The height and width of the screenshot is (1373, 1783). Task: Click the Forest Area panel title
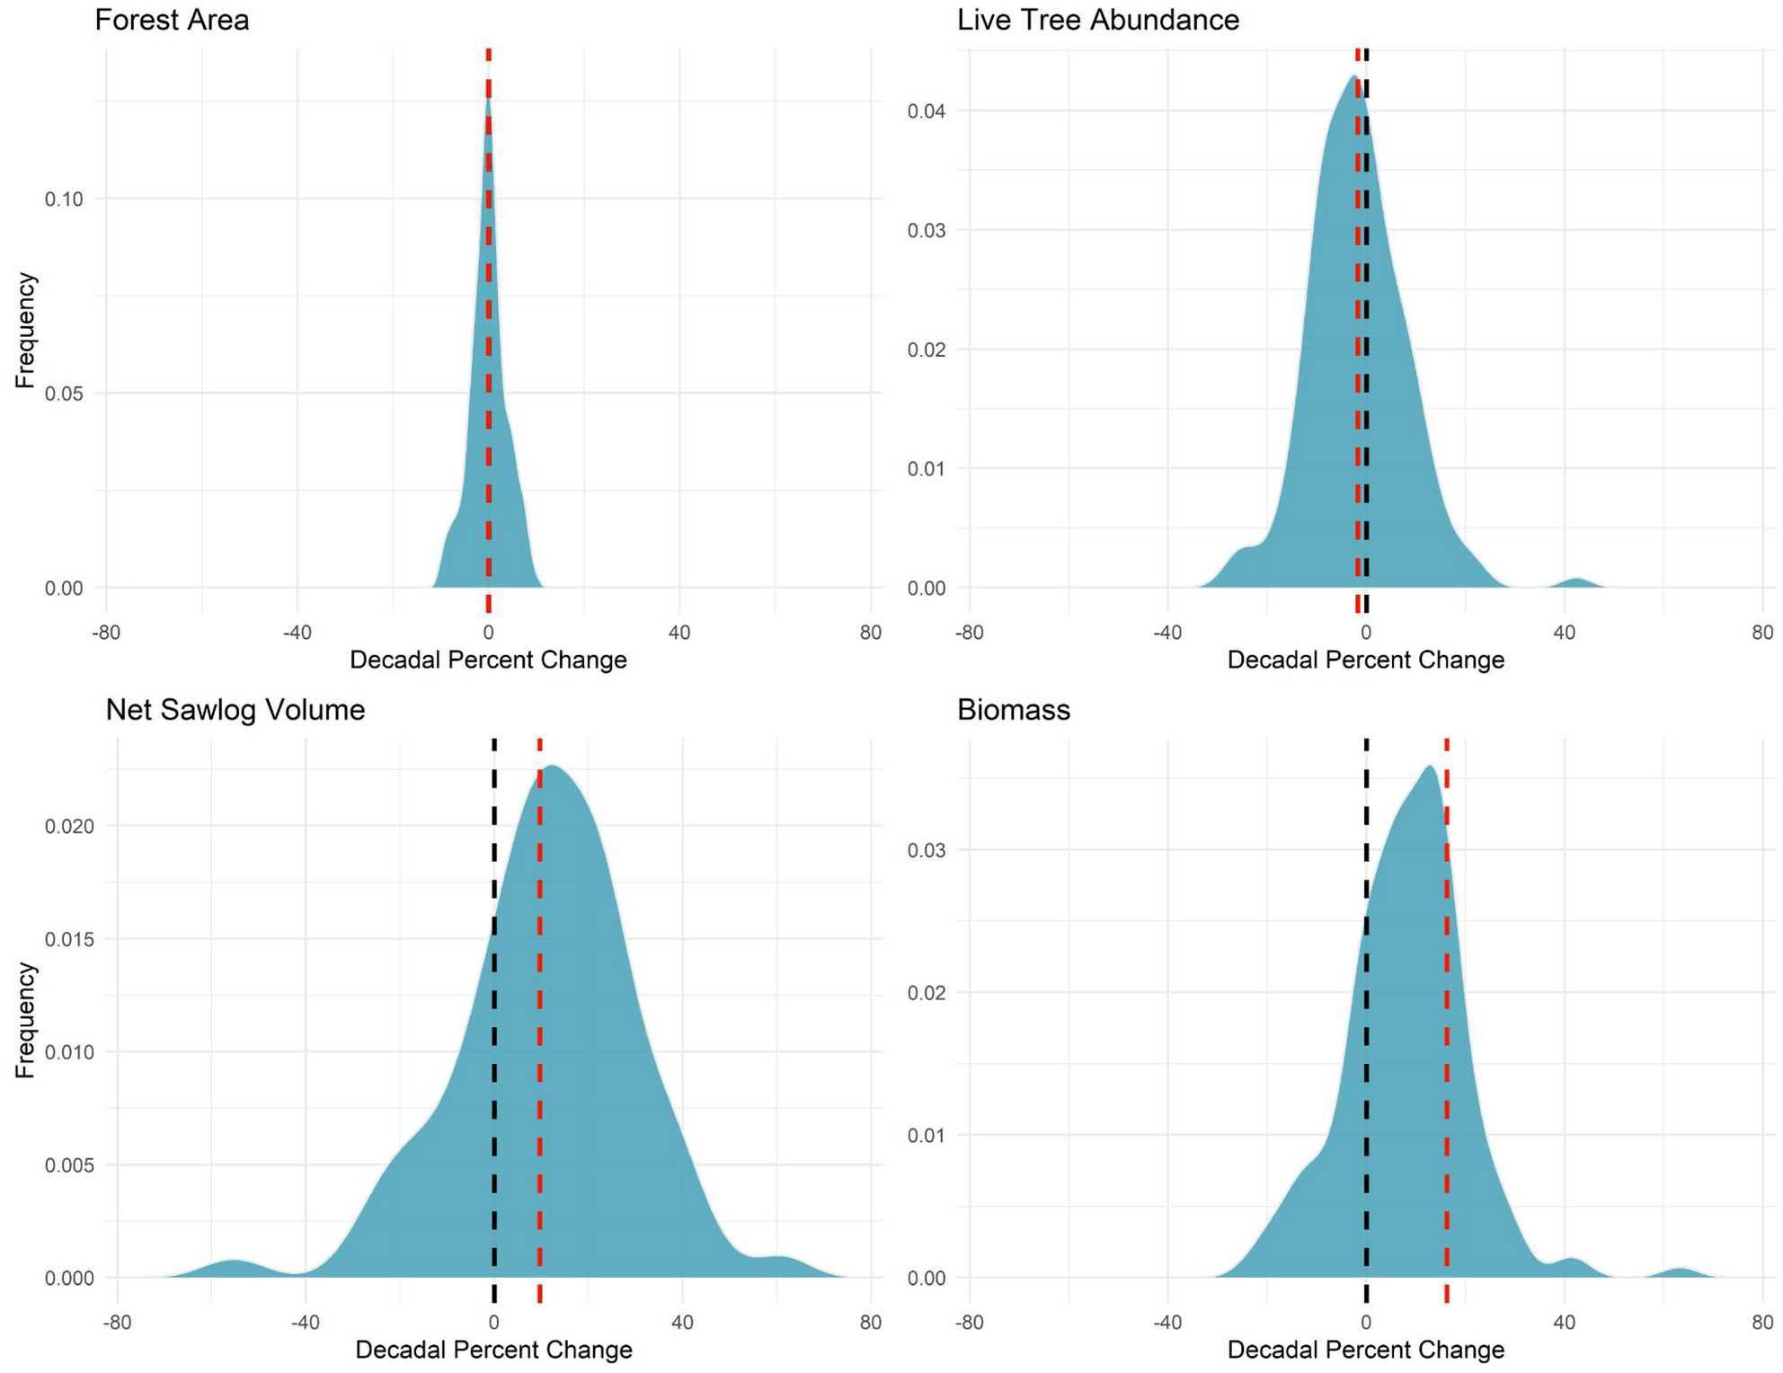(172, 20)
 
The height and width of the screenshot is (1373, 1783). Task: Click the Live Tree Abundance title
(1097, 20)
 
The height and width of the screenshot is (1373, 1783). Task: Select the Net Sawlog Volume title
(235, 710)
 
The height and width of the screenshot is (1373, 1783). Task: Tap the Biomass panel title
(1013, 710)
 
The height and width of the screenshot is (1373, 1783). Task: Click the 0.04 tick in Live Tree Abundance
(926, 111)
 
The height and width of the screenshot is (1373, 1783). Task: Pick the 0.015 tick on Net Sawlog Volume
(69, 939)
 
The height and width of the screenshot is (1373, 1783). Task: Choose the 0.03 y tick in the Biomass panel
(926, 850)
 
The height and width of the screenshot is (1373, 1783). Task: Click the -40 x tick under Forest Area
(297, 633)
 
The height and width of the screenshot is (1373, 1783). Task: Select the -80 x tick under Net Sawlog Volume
(117, 1323)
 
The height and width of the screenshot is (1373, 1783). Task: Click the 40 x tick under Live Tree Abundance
(1564, 633)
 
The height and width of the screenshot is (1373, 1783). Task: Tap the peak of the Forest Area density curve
(488, 101)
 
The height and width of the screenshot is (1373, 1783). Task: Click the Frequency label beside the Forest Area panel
(25, 330)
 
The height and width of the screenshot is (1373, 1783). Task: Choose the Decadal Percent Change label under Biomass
(1365, 1350)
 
